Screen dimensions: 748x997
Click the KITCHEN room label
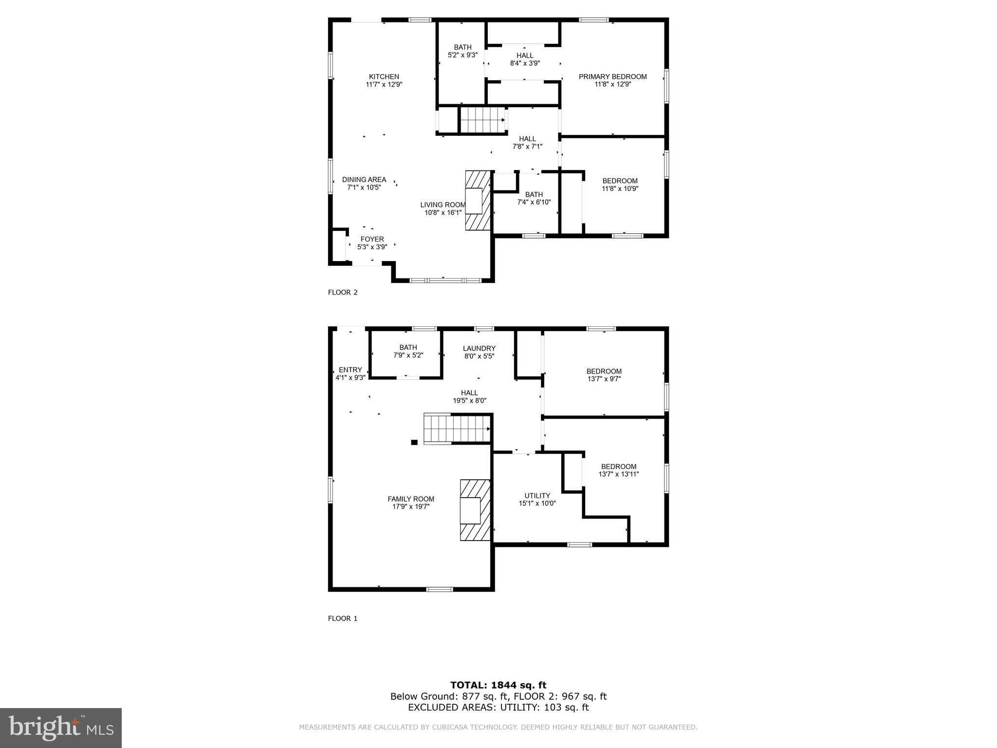point(384,76)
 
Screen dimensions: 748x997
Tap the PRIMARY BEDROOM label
point(612,76)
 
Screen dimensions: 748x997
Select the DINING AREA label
point(364,180)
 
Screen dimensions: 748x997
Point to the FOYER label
point(372,239)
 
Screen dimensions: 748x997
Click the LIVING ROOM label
point(443,205)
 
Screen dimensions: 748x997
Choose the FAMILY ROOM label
point(411,499)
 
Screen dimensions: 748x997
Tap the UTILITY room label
point(537,496)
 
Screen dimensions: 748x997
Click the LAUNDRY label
point(479,348)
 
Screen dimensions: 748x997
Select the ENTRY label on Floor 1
point(350,370)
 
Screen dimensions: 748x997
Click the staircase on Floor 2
point(481,119)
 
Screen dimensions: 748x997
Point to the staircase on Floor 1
point(456,428)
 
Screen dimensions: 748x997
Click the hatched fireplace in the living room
point(478,200)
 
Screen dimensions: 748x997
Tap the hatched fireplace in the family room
point(474,510)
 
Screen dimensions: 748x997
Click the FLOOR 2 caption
point(343,292)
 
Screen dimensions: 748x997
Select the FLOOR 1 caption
point(343,618)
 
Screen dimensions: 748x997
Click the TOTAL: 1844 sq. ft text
point(498,685)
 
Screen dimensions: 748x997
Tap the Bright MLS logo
point(61,728)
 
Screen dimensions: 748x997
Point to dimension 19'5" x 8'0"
point(469,401)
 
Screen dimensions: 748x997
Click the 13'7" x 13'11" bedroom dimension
point(618,474)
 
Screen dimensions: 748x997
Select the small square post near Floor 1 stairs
point(414,442)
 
